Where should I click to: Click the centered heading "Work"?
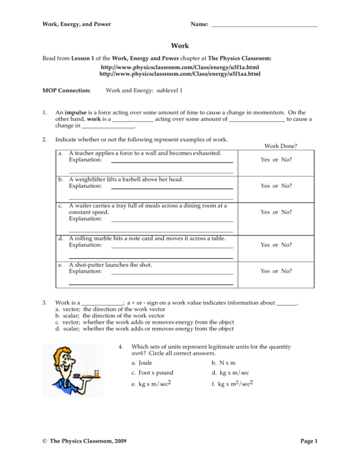tap(180, 46)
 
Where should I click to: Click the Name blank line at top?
tap(264, 25)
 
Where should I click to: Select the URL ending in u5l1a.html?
tap(180, 68)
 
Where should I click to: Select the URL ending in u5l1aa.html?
tap(180, 74)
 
